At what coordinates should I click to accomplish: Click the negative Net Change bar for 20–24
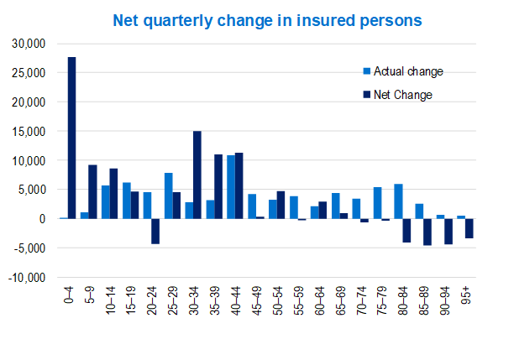(x=155, y=231)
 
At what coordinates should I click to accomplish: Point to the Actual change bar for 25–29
(x=168, y=196)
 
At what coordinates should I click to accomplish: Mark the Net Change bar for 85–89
(x=427, y=232)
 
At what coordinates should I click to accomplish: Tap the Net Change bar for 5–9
(x=92, y=191)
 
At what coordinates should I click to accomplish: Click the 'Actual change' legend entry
(x=401, y=71)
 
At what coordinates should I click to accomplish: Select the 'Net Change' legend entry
(x=396, y=95)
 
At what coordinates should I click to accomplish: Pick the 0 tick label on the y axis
(x=50, y=218)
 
